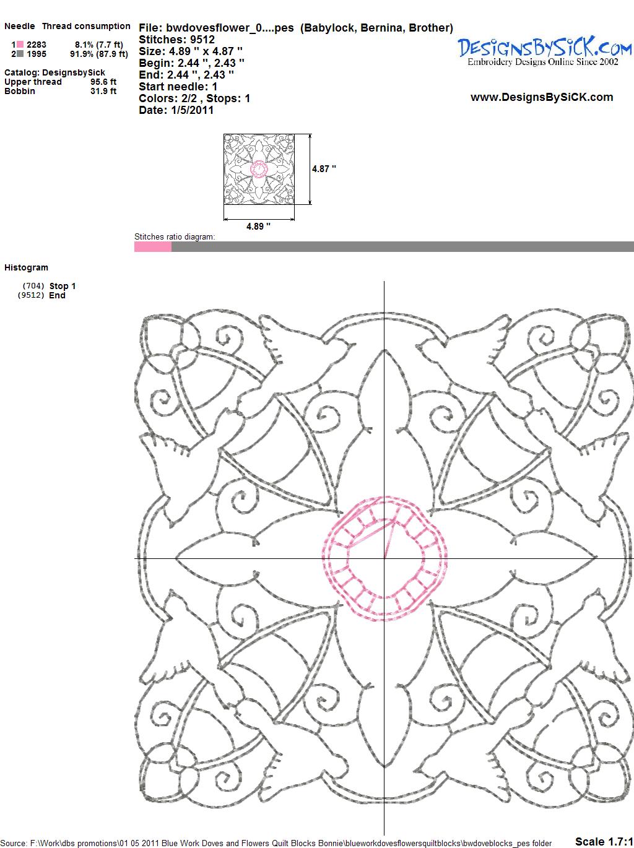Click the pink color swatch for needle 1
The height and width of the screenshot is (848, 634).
[20, 45]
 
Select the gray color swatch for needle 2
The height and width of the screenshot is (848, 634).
[20, 54]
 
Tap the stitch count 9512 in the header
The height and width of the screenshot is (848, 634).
[202, 40]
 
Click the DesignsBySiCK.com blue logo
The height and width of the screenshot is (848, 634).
[544, 51]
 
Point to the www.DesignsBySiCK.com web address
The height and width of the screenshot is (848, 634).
[542, 97]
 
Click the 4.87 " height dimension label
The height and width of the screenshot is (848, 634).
[324, 169]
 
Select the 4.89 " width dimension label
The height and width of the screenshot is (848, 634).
[258, 226]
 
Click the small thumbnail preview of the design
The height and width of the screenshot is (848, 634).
[259, 169]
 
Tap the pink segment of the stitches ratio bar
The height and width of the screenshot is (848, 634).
[152, 247]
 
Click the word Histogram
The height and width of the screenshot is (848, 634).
[26, 267]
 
